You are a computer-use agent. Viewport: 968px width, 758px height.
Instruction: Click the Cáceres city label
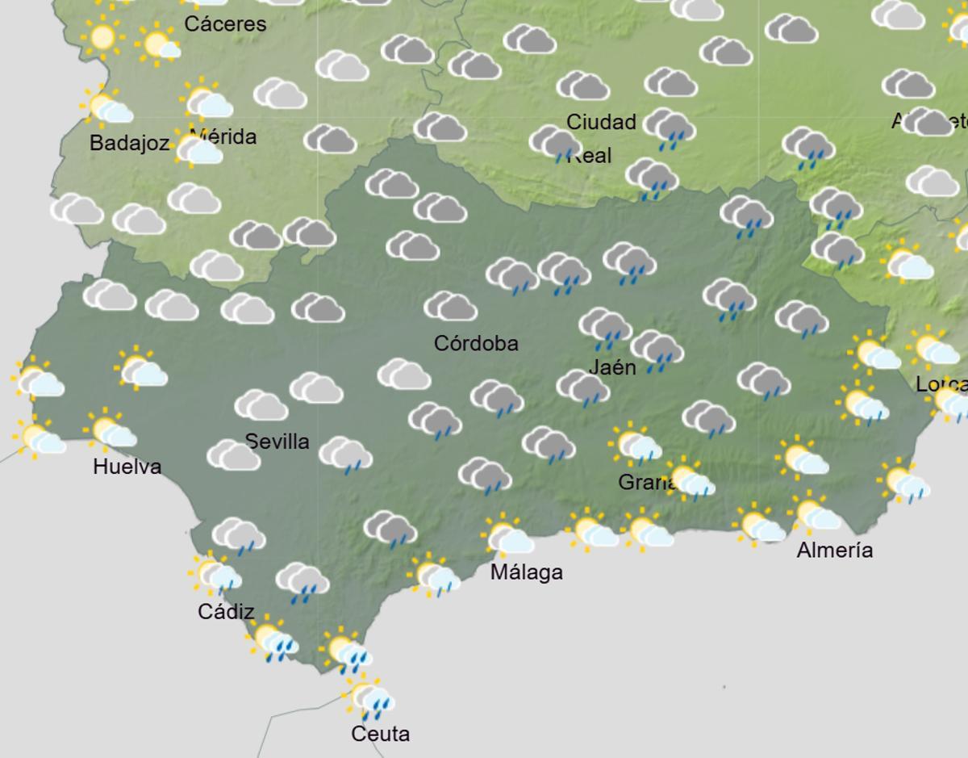coord(225,24)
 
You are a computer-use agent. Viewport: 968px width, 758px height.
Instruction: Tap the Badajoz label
coord(129,144)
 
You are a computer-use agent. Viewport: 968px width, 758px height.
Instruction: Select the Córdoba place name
coord(476,343)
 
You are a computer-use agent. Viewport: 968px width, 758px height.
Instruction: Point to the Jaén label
coord(612,367)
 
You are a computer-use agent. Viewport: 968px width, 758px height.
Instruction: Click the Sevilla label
coord(277,442)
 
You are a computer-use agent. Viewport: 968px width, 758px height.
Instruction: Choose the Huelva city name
coord(127,466)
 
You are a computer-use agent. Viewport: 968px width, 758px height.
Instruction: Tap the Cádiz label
coord(226,612)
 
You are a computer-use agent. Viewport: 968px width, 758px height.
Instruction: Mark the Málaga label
coord(527,572)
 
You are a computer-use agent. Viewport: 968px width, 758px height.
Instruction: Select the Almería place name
coord(834,550)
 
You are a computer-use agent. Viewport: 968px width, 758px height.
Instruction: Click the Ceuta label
coord(380,734)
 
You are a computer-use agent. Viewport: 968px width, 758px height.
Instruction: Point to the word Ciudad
coord(601,122)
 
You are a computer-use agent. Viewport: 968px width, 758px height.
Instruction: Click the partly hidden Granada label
coord(646,482)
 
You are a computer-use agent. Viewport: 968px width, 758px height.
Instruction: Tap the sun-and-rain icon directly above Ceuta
coord(369,698)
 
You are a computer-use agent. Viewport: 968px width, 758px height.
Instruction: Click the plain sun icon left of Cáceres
coord(102,36)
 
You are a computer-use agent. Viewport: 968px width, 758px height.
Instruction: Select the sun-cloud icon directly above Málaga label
coord(508,537)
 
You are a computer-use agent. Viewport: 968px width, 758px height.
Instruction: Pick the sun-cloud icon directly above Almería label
coord(816,513)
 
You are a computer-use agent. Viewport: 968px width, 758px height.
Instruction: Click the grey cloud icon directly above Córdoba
coord(450,307)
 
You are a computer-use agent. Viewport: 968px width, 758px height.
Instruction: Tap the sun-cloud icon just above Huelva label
coord(110,432)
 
